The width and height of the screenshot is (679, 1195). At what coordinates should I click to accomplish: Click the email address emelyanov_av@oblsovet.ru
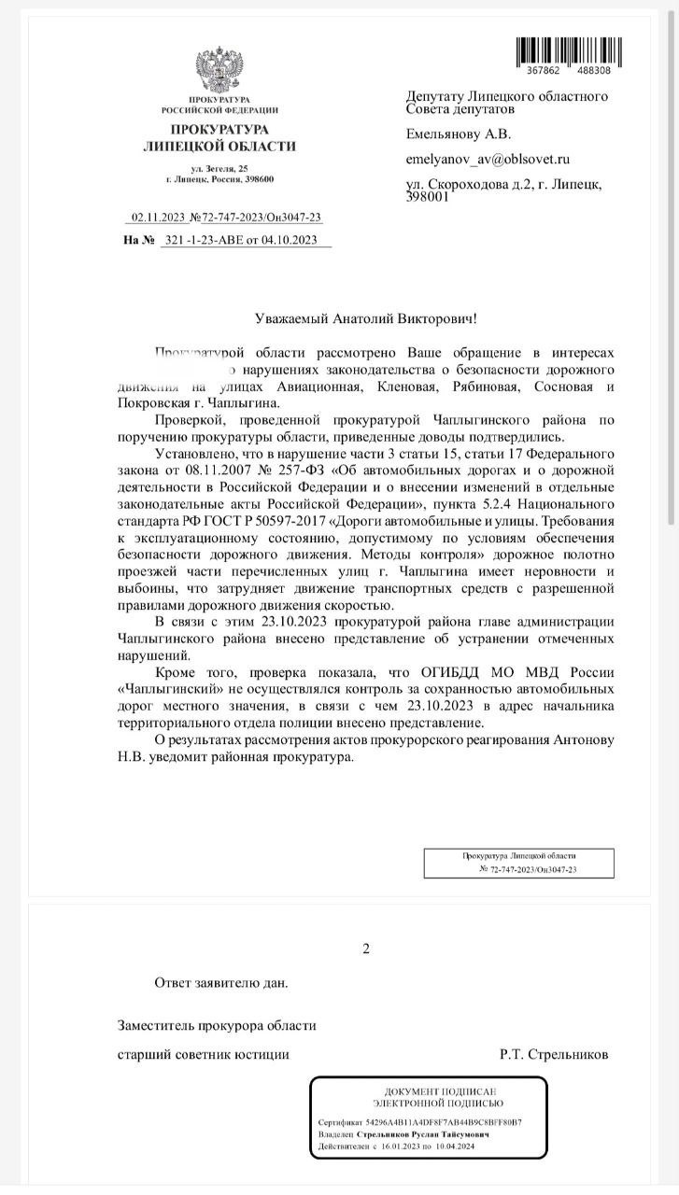coord(488,160)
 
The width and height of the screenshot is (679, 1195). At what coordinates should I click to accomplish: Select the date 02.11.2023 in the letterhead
coord(159,218)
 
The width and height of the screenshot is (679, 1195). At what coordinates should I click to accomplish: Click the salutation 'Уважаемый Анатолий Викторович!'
coord(366,319)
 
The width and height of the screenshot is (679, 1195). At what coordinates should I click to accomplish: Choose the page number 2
coord(366,949)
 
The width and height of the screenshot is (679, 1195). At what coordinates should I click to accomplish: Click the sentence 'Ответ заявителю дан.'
coord(220,982)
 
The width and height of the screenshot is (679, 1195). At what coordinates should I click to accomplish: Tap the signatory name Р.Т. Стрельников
coord(554,1054)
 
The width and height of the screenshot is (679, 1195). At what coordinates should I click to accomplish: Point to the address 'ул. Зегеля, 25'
coord(219,167)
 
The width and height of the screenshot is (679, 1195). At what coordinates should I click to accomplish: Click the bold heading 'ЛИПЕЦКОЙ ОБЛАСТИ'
coord(219,146)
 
